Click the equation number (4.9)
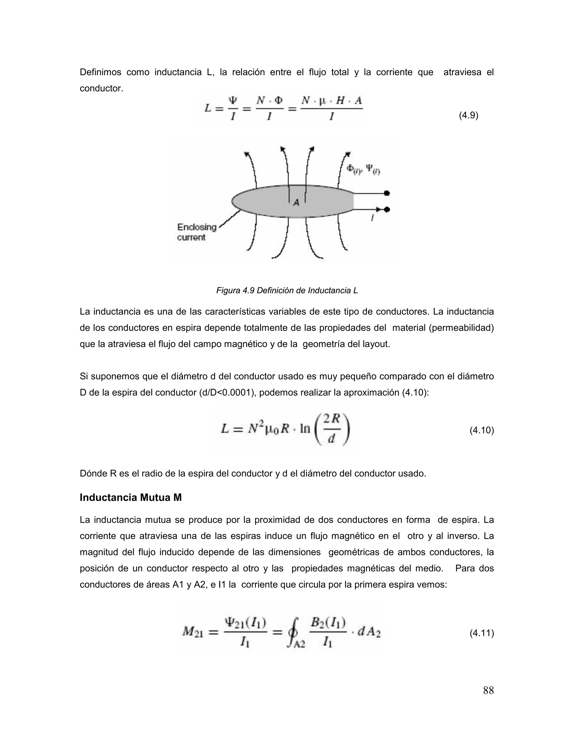[x=468, y=116]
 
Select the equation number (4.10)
[x=482, y=430]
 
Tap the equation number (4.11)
[x=482, y=633]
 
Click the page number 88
[x=488, y=690]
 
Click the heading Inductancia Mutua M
[x=131, y=498]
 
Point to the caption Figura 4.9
[x=287, y=290]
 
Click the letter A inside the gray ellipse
[x=296, y=203]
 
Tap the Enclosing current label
[x=196, y=232]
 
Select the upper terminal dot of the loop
[x=386, y=193]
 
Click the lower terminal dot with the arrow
[x=386, y=209]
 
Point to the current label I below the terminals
[x=372, y=219]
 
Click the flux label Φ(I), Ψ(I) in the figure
[x=363, y=169]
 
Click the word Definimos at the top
[x=100, y=72]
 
